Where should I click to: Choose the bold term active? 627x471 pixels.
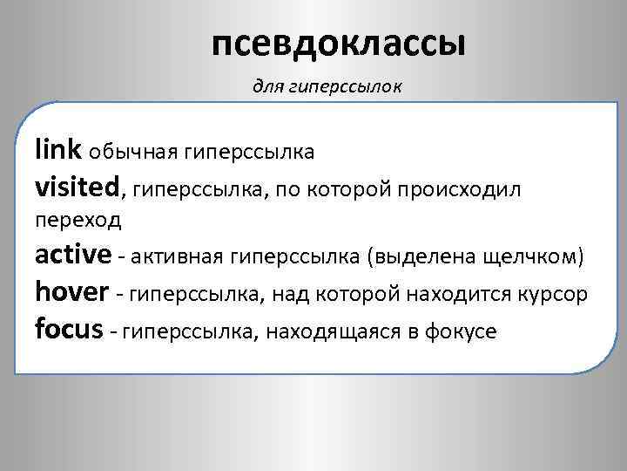pos(73,256)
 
